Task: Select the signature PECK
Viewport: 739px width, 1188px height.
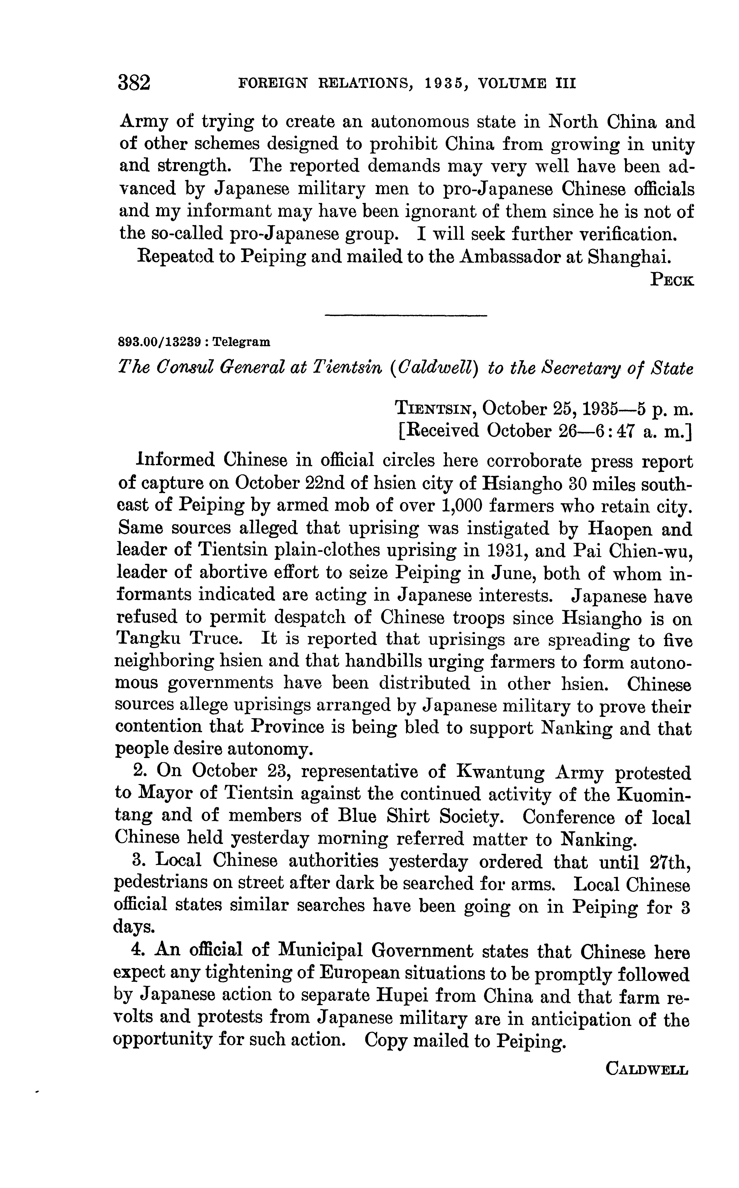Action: coord(672,280)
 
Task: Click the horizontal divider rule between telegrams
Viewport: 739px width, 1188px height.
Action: coord(406,316)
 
